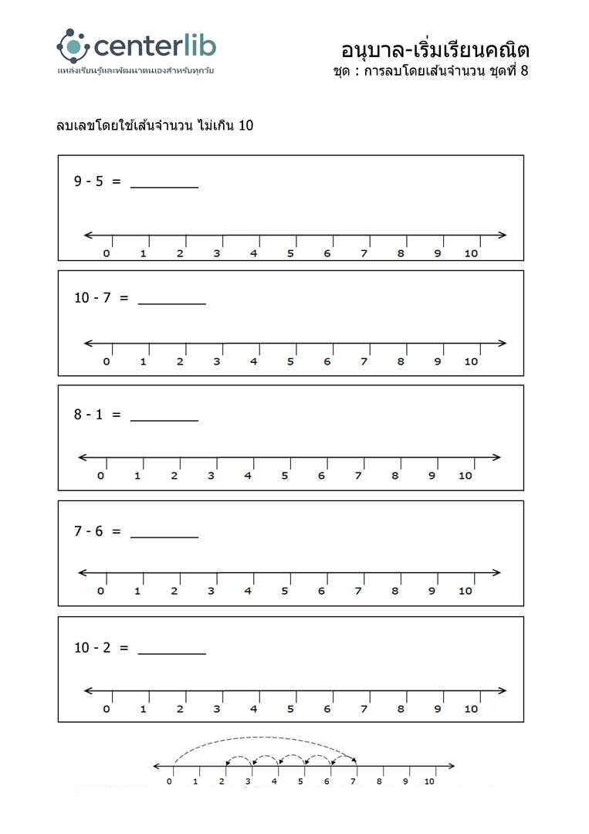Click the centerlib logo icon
point(73,46)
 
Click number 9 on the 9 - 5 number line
point(438,253)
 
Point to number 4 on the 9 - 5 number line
point(253,253)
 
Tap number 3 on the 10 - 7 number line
point(216,361)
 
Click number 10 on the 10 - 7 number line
point(471,361)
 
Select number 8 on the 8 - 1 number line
point(394,476)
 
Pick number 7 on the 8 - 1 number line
point(358,476)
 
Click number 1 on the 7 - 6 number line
point(137,591)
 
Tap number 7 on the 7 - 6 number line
point(358,591)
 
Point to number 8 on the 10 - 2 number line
point(401,709)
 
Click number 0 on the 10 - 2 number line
point(106,709)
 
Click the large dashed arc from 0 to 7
point(262,737)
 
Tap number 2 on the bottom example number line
point(222,781)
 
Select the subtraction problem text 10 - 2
point(92,648)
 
